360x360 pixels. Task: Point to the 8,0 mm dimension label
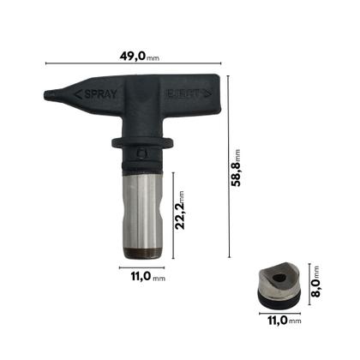[315, 281]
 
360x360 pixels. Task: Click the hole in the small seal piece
[276, 279]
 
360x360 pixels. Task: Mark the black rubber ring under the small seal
[277, 302]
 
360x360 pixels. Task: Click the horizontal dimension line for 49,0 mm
[135, 66]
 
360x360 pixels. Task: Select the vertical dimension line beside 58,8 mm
[229, 167]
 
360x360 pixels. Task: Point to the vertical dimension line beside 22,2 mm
[172, 214]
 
